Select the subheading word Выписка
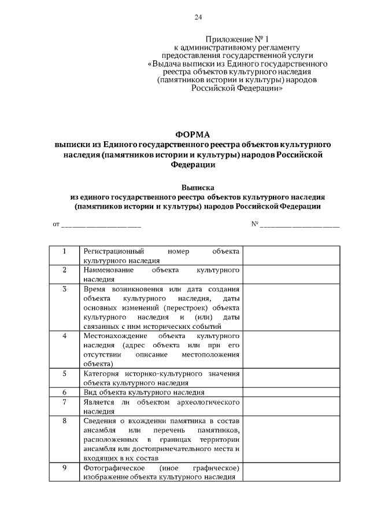(198, 188)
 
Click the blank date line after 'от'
(101, 224)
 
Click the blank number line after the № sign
(299, 224)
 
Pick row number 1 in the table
(64, 251)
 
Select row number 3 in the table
(64, 288)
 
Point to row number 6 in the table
(64, 392)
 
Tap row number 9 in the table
(64, 467)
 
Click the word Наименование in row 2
(108, 270)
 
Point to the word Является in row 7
(99, 401)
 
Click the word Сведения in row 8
(100, 420)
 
